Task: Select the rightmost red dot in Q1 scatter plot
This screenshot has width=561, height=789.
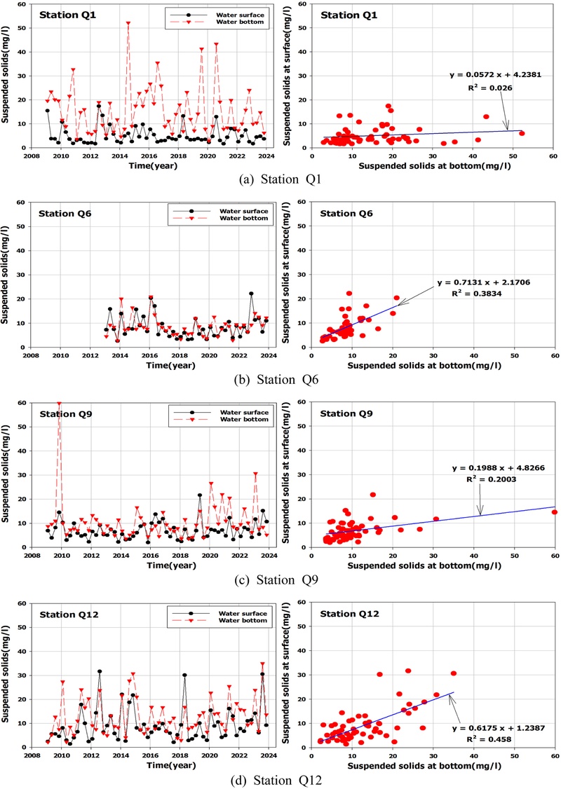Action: coord(522,133)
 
